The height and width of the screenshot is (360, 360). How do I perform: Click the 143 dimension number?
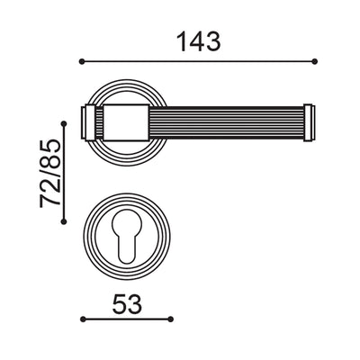198,40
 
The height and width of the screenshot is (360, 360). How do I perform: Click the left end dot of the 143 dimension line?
82,61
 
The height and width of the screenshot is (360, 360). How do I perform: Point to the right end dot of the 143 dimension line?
314,61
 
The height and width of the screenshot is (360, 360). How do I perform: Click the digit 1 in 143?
181,40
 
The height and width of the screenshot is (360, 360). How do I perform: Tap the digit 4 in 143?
197,40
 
